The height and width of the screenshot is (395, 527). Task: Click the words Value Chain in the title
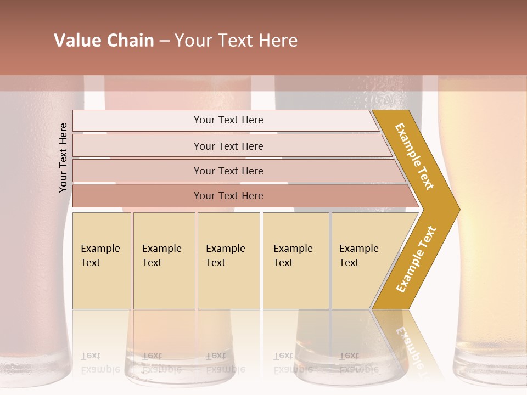click(104, 41)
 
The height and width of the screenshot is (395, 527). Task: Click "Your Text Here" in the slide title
click(236, 41)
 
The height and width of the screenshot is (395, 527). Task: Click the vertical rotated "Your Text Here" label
click(64, 157)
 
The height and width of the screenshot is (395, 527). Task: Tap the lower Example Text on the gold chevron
click(416, 259)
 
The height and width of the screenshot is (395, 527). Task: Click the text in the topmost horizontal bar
click(228, 120)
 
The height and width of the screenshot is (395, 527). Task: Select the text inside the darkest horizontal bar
click(228, 196)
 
